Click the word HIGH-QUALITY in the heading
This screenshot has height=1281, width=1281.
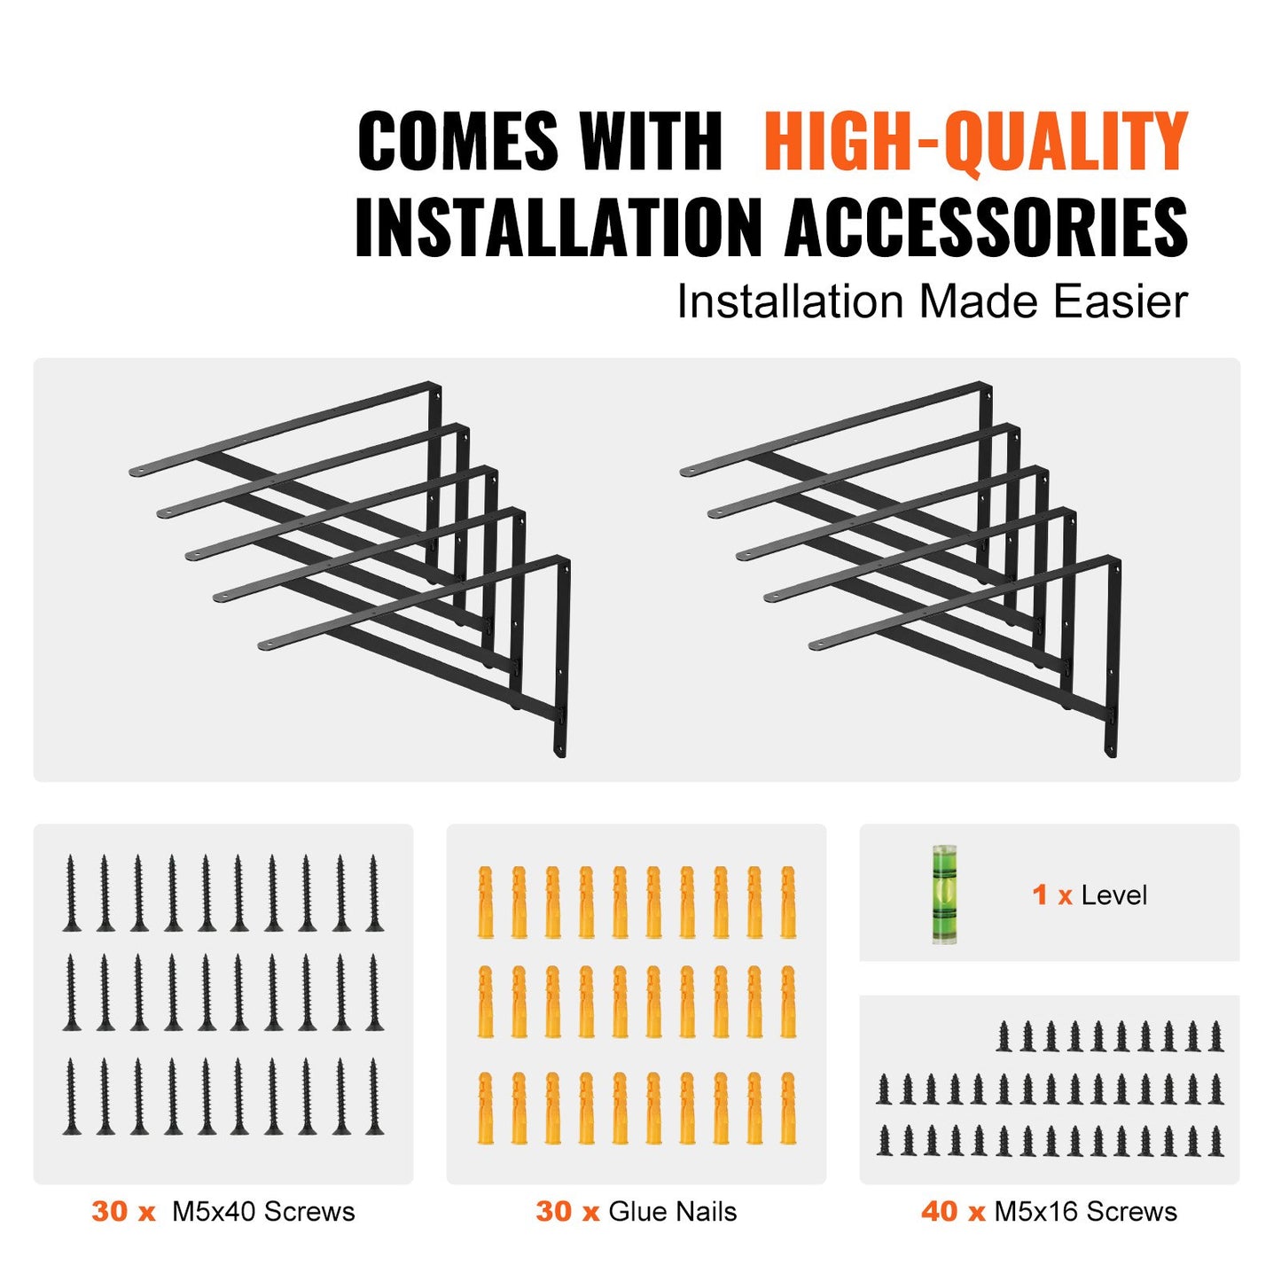point(975,142)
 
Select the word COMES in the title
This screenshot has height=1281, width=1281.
point(457,142)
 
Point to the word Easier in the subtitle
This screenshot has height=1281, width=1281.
point(1121,302)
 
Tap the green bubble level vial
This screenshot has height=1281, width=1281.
point(946,894)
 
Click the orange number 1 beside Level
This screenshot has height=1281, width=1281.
point(1040,894)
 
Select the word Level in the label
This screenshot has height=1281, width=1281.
point(1113,895)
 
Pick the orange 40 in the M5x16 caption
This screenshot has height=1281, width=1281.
point(939,1211)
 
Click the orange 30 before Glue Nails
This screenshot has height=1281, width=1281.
point(553,1211)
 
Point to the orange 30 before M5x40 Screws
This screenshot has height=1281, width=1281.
point(109,1211)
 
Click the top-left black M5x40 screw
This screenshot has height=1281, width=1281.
point(71,894)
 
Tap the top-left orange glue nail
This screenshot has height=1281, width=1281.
point(485,902)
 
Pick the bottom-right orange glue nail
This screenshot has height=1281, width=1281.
point(787,1108)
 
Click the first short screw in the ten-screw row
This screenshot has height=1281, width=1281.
point(1004,1036)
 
